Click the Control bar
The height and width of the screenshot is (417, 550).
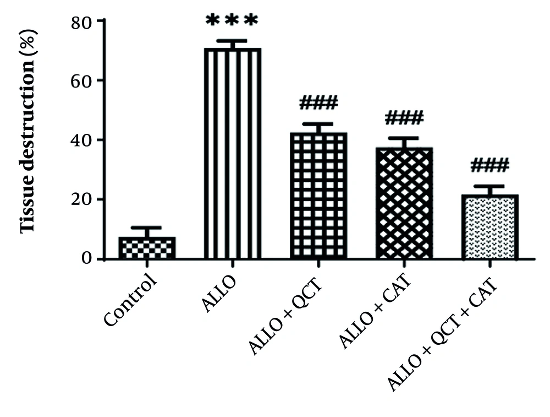tap(146, 248)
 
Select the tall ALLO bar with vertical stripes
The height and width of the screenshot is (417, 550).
tap(232, 154)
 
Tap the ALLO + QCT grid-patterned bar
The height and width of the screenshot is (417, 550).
tap(318, 196)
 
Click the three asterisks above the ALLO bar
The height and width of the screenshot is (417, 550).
tap(232, 21)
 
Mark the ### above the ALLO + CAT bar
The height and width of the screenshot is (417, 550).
tap(404, 117)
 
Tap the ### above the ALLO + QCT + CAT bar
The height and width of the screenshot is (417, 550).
tap(490, 165)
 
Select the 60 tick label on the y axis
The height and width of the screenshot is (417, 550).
tap(82, 80)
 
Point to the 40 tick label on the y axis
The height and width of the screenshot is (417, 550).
tap(82, 140)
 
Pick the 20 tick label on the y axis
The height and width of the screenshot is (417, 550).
tap(82, 199)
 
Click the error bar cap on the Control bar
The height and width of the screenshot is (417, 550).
tap(146, 228)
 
